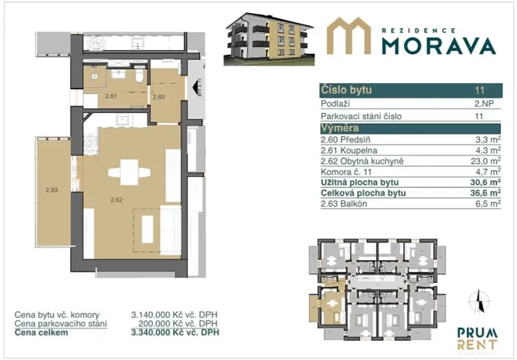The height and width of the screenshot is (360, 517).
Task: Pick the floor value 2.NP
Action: (482, 103)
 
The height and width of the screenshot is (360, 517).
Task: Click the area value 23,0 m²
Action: (485, 162)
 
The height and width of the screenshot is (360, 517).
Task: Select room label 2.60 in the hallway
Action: (159, 97)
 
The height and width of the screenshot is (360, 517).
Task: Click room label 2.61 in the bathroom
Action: (111, 97)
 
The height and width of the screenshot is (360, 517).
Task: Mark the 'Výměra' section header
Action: (339, 128)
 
